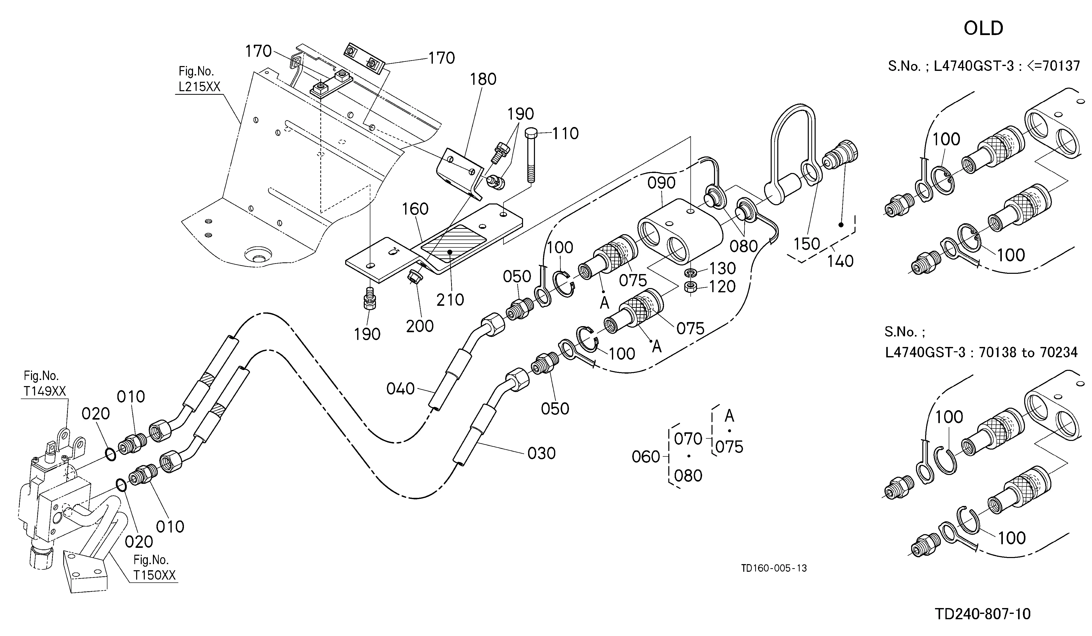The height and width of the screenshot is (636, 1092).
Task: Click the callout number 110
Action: (x=565, y=133)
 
